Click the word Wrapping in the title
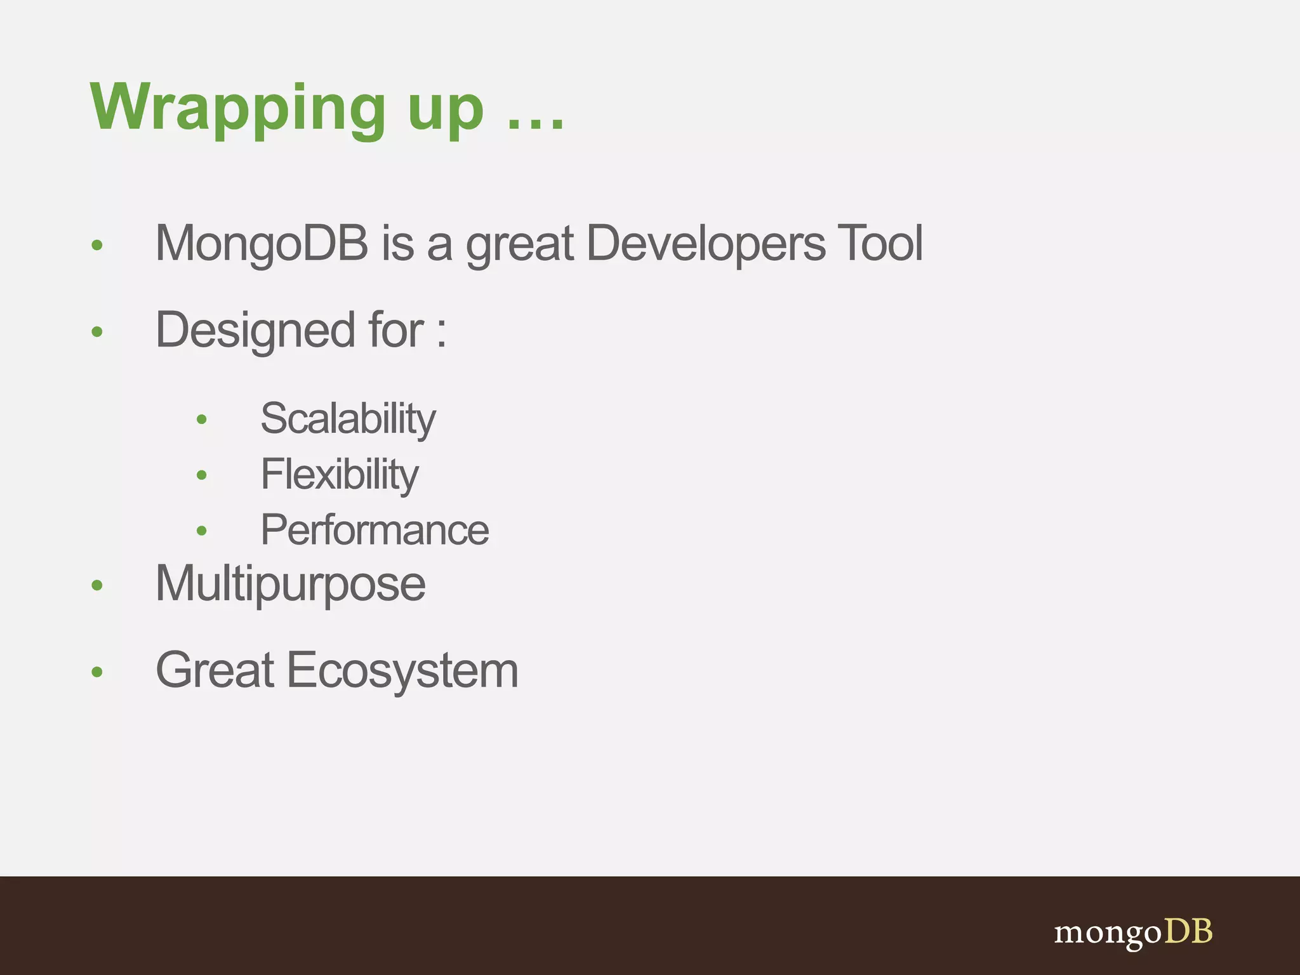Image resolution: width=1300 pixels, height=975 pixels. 238,108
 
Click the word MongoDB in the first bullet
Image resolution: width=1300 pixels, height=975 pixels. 262,244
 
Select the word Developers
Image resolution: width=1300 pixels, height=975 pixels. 706,244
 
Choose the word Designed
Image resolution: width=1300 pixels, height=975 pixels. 255,331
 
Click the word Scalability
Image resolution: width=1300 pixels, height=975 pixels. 348,420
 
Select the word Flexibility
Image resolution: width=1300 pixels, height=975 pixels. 340,475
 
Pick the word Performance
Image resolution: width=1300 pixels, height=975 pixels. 375,531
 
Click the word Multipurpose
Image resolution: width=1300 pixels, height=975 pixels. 290,585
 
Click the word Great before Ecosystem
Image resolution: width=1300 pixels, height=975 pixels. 215,670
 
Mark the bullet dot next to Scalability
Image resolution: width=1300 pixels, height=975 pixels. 202,419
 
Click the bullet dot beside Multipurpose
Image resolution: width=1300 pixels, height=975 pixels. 97,585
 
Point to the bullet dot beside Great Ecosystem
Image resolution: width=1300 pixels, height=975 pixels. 97,672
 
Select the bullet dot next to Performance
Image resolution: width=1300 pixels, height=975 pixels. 202,531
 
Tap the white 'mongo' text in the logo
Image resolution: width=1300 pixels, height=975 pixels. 1108,933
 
